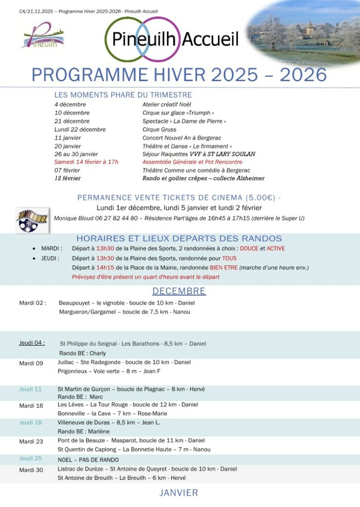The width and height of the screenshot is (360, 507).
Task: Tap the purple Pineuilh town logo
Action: click(43, 36)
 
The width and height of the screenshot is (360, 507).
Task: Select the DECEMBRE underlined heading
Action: click(179, 291)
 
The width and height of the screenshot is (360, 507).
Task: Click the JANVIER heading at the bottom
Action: click(179, 493)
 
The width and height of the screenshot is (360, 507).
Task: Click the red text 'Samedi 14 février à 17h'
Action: click(87, 162)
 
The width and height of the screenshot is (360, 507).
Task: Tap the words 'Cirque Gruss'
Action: click(159, 129)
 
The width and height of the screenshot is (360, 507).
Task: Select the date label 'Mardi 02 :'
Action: click(33, 303)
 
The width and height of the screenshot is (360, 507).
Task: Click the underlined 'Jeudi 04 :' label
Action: click(32, 342)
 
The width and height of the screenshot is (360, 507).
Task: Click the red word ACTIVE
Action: click(276, 249)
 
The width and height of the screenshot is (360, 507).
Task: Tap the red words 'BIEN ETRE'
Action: click(223, 268)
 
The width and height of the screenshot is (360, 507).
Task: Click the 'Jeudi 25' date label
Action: click(30, 458)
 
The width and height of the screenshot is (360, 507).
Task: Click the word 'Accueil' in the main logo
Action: click(210, 39)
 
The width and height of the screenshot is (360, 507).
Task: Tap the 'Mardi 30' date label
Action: click(31, 470)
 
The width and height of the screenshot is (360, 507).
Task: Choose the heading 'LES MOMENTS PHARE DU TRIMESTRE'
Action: click(123, 95)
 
